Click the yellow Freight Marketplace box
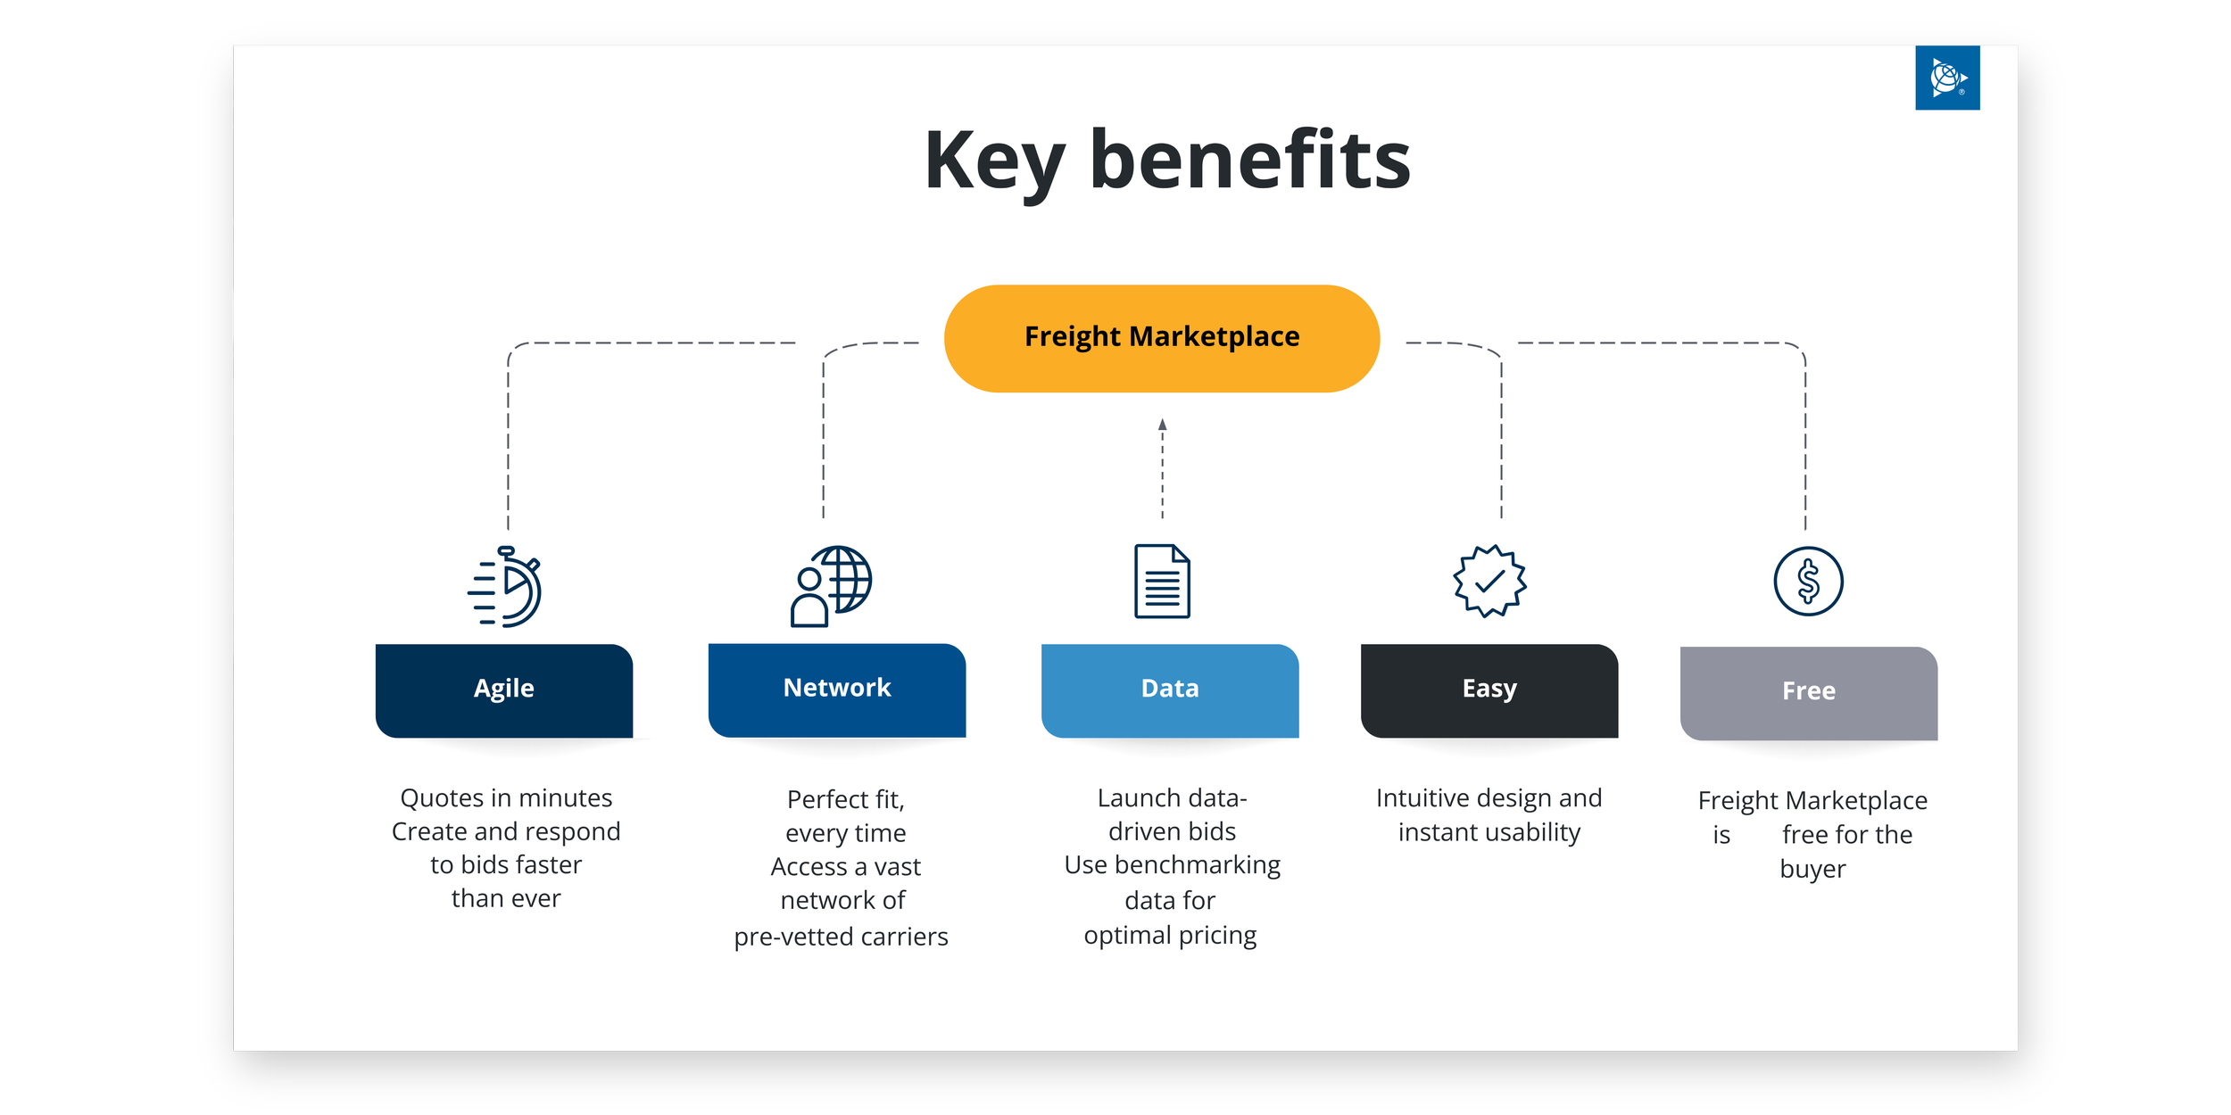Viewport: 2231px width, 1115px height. pos(1161,338)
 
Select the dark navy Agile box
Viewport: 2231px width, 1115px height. pos(504,690)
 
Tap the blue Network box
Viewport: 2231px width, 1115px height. pos(836,690)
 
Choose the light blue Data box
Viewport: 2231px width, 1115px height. pos(1169,690)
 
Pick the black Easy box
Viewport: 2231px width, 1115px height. pos(1489,690)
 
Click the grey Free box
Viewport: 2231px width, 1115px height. pos(1808,693)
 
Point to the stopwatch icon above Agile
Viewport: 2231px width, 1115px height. pos(505,587)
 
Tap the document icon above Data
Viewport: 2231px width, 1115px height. pos(1162,581)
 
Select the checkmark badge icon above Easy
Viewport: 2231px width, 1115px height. pos(1489,581)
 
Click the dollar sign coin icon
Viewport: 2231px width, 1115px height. pos(1808,582)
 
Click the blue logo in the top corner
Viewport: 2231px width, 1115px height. pos(1947,78)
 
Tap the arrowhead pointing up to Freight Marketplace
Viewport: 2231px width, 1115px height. pos(1162,425)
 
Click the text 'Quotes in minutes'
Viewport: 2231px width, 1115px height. pos(506,797)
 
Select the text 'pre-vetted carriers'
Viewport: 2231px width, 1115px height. pos(841,937)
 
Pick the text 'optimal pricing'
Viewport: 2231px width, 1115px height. pos(1170,935)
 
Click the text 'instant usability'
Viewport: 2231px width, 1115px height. pos(1489,832)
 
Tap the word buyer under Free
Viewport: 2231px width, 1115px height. pos(1812,869)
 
